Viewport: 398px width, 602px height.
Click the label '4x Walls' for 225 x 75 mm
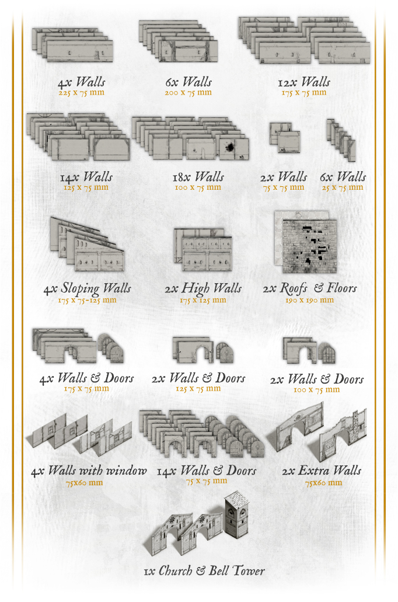[x=81, y=82]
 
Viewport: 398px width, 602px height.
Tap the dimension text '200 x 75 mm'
[x=188, y=92]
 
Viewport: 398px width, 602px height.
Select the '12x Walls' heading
[x=304, y=82]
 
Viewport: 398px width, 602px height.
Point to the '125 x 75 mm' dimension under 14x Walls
[x=86, y=188]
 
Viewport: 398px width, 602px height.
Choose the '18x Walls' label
[x=198, y=177]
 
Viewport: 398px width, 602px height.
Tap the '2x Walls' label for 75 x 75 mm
[x=284, y=177]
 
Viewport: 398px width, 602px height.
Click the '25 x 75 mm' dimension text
[x=343, y=188]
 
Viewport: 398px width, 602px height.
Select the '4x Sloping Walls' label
[x=88, y=289]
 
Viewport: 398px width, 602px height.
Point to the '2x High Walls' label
[x=203, y=288]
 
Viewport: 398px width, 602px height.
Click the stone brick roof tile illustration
[x=309, y=246]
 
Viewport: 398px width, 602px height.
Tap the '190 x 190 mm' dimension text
[x=309, y=300]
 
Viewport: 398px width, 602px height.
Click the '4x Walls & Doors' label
[x=86, y=378]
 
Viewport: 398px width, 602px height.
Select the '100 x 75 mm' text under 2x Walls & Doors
[x=317, y=390]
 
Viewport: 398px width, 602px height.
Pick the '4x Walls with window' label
[x=89, y=471]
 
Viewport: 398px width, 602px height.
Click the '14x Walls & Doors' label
[x=207, y=471]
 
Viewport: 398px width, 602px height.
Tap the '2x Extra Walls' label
[x=322, y=471]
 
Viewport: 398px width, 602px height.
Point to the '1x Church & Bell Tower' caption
[x=204, y=571]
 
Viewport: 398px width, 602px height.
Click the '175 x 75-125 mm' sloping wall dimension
[x=87, y=300]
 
